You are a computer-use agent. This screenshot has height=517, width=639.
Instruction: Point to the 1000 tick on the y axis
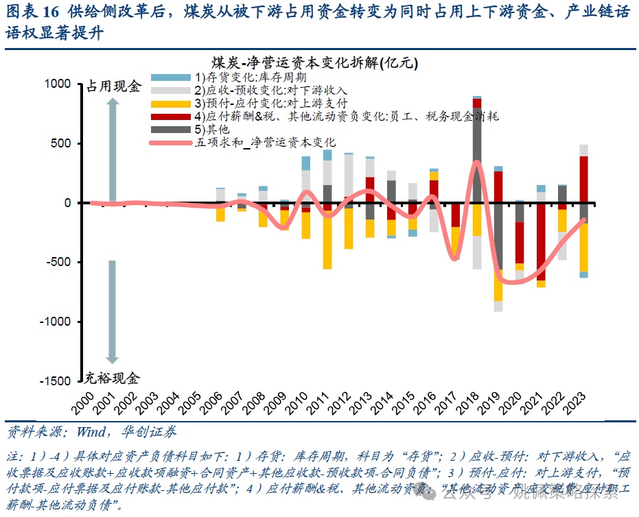(59, 84)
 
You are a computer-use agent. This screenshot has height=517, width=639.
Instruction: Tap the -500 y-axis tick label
(58, 263)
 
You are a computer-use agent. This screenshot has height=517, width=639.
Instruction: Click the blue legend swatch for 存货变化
(170, 77)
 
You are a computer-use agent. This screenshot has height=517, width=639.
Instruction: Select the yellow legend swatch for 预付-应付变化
(170, 103)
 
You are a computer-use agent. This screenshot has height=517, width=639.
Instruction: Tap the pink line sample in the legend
(170, 143)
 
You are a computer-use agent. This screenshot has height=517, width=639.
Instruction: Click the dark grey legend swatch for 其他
(170, 129)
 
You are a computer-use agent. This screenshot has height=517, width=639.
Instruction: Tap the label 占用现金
(113, 86)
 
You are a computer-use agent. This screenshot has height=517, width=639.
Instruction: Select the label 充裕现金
(113, 378)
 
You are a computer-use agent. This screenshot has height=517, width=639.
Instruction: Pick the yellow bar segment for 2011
(327, 240)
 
